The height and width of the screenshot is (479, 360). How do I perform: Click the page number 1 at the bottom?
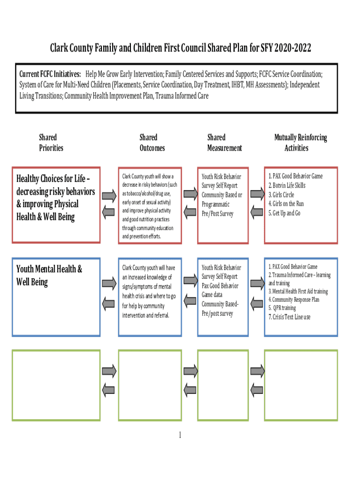180,435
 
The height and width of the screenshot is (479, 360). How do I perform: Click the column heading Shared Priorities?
51,143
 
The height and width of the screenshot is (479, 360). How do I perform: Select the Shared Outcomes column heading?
152,143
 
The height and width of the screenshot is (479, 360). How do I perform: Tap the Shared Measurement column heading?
224,143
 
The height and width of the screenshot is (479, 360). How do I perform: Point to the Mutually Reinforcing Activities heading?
300,143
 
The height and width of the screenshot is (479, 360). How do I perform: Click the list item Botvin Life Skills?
287,185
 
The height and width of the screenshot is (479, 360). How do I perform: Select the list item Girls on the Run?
286,203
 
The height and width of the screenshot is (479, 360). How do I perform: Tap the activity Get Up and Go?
284,213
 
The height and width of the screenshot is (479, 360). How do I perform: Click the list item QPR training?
282,308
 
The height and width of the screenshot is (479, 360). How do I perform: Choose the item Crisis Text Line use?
289,317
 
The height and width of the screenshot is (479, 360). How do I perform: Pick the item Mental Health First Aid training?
298,291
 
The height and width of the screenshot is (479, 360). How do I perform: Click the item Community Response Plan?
294,299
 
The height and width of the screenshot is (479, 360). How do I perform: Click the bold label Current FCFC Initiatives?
50,74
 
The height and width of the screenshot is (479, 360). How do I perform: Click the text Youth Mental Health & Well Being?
49,276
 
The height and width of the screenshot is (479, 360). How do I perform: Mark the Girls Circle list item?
281,195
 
